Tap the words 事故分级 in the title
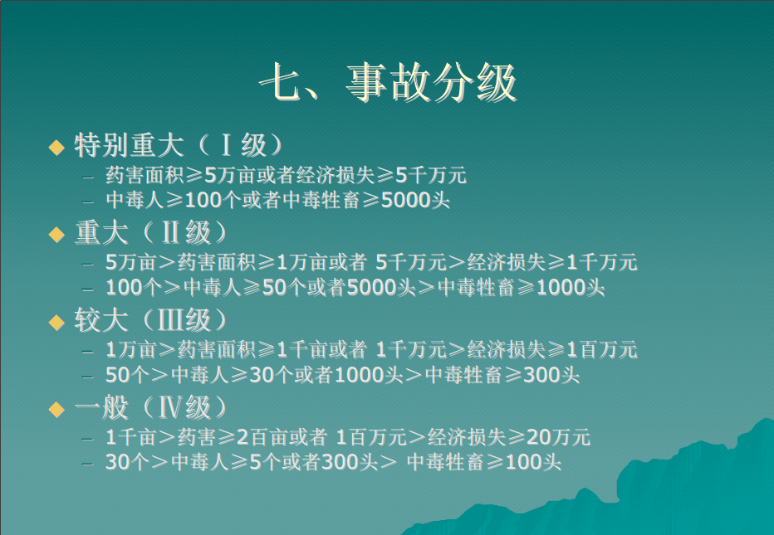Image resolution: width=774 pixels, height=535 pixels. click(x=431, y=83)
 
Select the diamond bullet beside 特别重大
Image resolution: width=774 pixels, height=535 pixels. click(x=56, y=147)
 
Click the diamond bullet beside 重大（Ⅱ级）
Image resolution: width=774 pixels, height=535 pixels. click(x=56, y=234)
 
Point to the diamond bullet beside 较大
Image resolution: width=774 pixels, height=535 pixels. click(x=56, y=322)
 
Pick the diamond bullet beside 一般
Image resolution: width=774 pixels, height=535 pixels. click(x=56, y=409)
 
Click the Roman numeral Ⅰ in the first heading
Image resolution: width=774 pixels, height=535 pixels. click(x=226, y=145)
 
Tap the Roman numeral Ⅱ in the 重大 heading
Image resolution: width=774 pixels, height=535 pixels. click(x=170, y=233)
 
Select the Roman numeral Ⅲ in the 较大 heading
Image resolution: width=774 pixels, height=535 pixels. click(x=170, y=320)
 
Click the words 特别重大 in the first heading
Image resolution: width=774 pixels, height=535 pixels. click(x=129, y=145)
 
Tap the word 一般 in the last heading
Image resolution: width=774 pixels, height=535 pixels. click(x=101, y=408)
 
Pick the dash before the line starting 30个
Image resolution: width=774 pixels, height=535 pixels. click(x=88, y=464)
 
